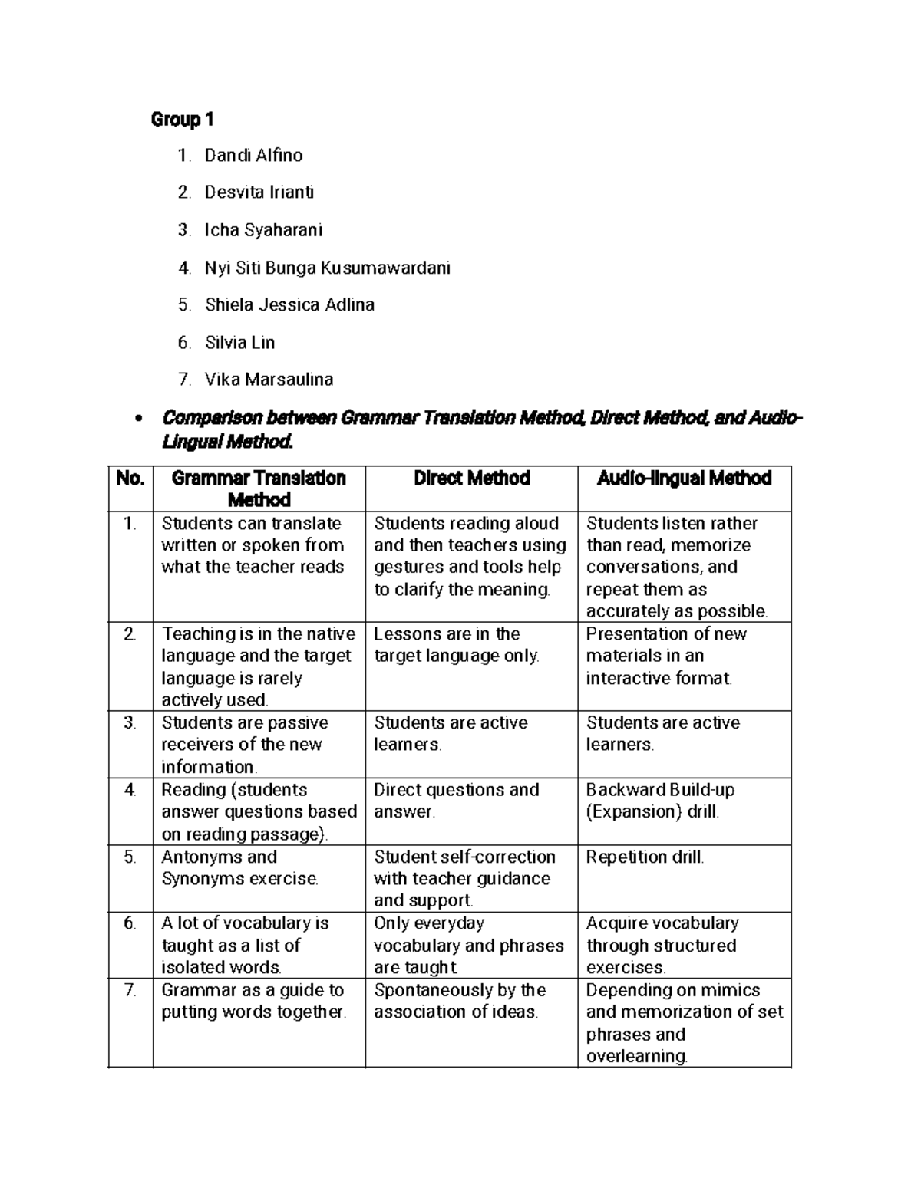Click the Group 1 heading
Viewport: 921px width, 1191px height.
182,120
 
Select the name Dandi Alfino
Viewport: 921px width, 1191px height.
253,156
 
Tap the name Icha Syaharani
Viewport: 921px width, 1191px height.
263,230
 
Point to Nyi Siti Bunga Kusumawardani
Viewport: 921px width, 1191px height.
327,268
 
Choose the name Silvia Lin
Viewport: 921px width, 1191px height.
239,342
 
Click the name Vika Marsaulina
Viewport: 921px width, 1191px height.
269,379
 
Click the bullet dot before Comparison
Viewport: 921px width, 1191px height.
138,419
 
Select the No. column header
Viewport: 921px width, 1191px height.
130,479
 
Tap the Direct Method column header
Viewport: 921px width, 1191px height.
471,479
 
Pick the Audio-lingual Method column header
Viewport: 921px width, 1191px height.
684,479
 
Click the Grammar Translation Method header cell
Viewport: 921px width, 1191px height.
259,489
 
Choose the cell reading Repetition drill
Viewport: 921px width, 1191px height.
645,857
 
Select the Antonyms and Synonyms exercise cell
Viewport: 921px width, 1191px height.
239,868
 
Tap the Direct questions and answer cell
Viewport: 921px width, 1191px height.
456,801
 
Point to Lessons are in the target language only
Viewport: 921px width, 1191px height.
456,645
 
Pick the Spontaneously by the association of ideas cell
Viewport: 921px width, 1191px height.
459,1001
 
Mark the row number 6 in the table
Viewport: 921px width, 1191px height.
130,923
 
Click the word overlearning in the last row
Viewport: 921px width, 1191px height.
636,1056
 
